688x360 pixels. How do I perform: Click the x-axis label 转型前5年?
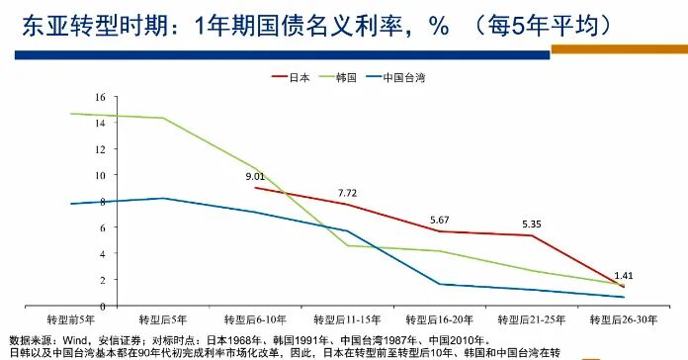(71, 320)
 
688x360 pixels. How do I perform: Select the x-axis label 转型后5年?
(162, 320)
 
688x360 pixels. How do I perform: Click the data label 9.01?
(256, 176)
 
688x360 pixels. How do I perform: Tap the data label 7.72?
(347, 192)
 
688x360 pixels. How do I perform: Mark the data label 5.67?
(440, 220)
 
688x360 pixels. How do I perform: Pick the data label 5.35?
(531, 224)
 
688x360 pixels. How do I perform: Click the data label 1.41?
(623, 275)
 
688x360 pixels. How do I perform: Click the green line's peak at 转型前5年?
(71, 114)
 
